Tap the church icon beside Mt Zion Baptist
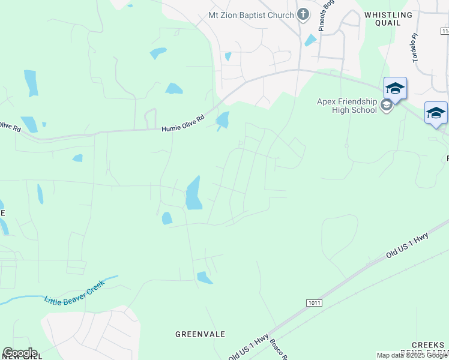point(304,15)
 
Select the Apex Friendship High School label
point(348,106)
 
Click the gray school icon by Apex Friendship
point(387,106)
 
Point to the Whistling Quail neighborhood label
point(388,19)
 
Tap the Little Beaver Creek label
point(74,291)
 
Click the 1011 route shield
point(313,302)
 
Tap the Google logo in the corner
point(20,353)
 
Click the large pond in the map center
point(193,193)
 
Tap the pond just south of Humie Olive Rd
point(223,120)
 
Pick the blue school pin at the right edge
point(436,112)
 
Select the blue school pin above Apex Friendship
point(395,88)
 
